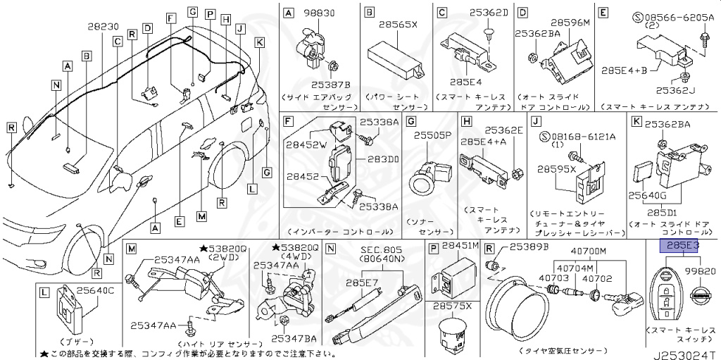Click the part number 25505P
[x=432, y=135]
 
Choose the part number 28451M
[x=460, y=245]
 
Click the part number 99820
[x=701, y=271]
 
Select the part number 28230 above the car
[x=104, y=26]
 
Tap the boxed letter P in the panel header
[x=433, y=247]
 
